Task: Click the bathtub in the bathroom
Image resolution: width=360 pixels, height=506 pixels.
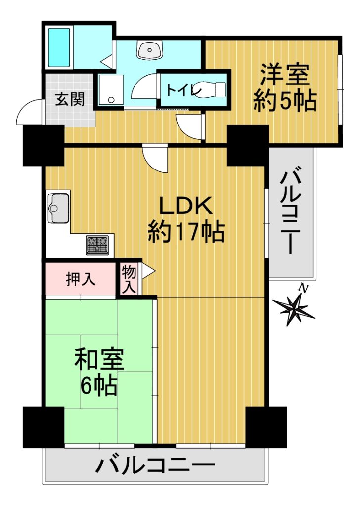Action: (x=59, y=48)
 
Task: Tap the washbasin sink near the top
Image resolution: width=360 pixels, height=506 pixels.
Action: (x=149, y=50)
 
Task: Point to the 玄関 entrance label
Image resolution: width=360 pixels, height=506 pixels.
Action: (x=70, y=99)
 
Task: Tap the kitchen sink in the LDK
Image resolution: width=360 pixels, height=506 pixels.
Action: (x=58, y=208)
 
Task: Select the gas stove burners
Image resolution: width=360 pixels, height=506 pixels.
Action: (x=97, y=245)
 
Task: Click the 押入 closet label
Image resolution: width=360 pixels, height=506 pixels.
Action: (x=81, y=279)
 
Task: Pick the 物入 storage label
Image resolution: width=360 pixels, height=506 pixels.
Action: (x=129, y=280)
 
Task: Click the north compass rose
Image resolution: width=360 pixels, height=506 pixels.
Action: (x=294, y=309)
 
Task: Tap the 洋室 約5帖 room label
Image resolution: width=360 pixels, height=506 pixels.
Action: (x=285, y=88)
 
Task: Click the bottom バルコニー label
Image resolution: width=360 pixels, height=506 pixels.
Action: (x=156, y=465)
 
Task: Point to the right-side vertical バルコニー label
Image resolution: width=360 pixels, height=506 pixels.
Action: (x=290, y=210)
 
